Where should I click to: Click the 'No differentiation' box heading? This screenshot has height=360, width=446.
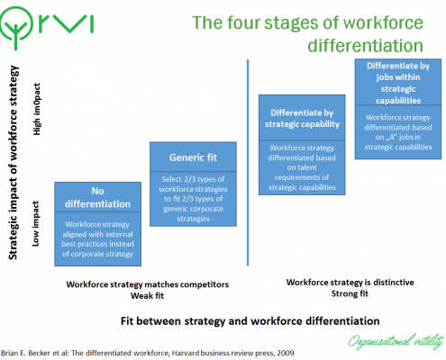click(97, 197)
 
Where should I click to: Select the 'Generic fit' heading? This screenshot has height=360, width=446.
click(193, 157)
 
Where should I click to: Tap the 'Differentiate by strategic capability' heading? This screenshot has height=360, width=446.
click(302, 119)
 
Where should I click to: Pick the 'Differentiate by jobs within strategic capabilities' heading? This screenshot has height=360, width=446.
click(398, 83)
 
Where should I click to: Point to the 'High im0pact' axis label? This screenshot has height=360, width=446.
click(36, 109)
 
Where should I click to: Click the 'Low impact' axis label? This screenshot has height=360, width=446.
click(35, 224)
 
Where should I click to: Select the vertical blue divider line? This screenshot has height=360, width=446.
click(248, 162)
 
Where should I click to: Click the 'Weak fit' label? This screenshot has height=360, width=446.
click(147, 296)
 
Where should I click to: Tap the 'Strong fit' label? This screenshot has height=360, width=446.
click(350, 293)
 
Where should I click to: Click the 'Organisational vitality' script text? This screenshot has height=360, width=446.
click(396, 341)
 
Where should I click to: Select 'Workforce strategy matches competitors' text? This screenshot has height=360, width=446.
click(148, 284)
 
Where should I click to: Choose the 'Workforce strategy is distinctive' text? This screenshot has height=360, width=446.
click(350, 283)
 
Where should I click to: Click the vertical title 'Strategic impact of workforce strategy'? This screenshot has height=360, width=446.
click(14, 163)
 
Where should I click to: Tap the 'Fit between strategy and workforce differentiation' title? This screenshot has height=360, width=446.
click(250, 321)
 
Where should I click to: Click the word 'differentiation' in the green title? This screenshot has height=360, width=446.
click(365, 46)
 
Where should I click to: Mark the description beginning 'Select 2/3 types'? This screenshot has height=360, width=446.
click(193, 199)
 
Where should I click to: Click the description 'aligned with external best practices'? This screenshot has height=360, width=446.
click(97, 239)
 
